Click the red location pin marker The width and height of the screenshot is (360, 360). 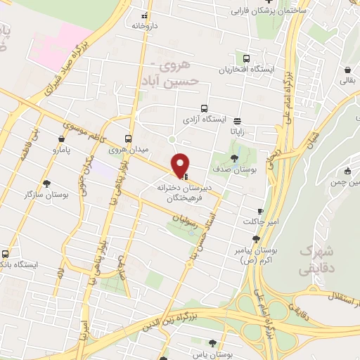pos(181,165)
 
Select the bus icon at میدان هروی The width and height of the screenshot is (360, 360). pos(128,139)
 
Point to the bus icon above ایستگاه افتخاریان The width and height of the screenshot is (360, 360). pos(246,59)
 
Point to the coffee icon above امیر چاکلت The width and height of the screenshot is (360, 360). pos(260,211)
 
